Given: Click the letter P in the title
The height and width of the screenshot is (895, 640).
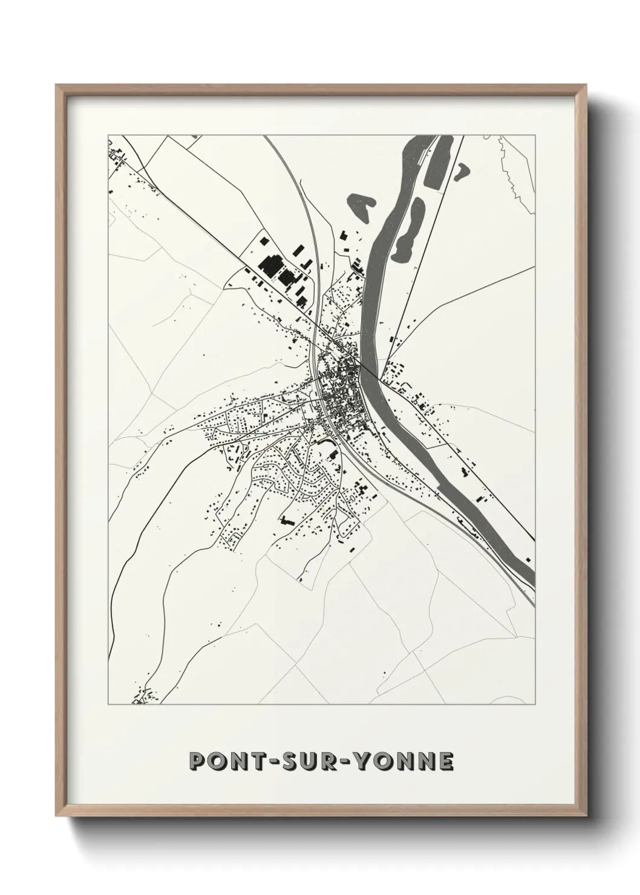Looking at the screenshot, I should [198, 761].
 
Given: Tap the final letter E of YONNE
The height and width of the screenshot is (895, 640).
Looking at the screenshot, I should [445, 761].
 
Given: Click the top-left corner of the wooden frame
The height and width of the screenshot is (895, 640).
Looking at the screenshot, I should [57, 86].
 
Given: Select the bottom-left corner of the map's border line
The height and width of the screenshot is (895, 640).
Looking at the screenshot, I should [108, 705].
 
